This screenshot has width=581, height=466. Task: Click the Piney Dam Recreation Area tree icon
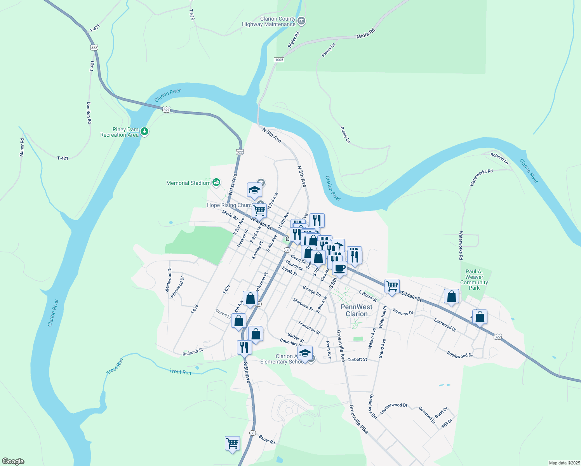(x=144, y=132)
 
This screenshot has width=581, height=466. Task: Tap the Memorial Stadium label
(x=188, y=183)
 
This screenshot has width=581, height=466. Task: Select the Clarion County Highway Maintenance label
(x=269, y=22)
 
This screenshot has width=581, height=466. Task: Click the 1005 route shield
(x=279, y=60)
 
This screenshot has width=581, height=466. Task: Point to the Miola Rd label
(x=366, y=33)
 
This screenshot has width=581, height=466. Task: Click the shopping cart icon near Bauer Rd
(x=232, y=443)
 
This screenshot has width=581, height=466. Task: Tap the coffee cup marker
(x=339, y=268)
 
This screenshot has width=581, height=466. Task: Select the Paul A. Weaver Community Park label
(x=474, y=280)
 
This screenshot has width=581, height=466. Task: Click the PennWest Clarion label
(x=357, y=310)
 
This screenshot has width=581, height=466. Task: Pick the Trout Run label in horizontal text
(x=180, y=372)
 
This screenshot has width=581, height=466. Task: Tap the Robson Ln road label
(x=499, y=158)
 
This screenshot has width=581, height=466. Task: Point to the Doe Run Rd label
(x=89, y=113)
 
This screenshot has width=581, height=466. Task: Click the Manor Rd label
(x=22, y=147)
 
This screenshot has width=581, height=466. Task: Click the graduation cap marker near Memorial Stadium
(x=254, y=190)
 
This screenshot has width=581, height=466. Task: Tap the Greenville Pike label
(x=358, y=419)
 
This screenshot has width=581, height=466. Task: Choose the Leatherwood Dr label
(x=393, y=408)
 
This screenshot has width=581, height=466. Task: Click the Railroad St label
(x=193, y=352)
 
